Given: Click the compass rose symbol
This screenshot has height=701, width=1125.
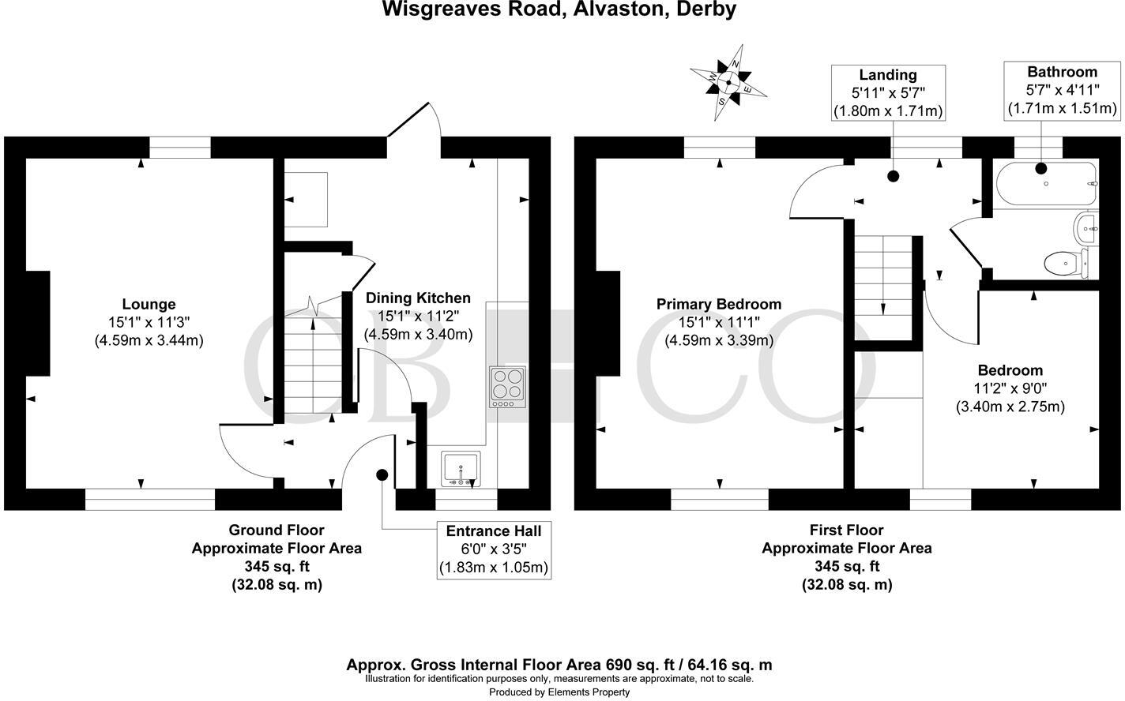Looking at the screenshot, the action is click(728, 81).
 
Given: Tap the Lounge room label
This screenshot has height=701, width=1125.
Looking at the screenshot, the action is click(149, 322).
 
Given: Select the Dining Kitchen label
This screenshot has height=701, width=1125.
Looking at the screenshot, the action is click(418, 316).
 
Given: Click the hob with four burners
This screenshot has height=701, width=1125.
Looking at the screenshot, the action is click(507, 386).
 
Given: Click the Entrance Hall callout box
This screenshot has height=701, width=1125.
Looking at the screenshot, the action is click(494, 549).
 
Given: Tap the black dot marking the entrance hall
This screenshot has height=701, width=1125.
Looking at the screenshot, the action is click(382, 474).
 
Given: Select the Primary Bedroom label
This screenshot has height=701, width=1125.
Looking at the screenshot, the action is click(719, 322).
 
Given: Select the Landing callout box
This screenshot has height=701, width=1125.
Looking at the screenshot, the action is click(888, 92).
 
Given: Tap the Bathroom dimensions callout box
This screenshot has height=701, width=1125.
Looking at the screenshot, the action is click(1062, 90).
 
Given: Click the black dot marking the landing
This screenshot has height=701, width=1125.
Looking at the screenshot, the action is click(894, 177).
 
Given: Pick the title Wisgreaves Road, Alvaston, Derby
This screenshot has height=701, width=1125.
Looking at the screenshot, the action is click(559, 9).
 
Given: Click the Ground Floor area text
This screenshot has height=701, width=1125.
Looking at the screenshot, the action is click(277, 557).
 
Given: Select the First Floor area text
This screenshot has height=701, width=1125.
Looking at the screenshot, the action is click(847, 557).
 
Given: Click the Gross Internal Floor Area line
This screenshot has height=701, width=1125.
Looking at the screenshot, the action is click(559, 665).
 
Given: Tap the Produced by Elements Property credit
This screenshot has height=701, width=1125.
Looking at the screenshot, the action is click(559, 692).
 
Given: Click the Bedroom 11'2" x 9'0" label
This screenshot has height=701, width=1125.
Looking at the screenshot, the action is click(1010, 388).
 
